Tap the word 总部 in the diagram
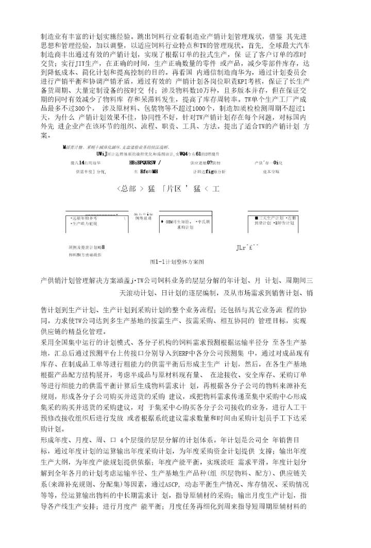pos(127,189)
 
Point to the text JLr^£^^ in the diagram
pos(247,248)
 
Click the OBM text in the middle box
pos(170,221)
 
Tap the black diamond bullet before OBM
pos(162,221)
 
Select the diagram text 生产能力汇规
pos(84,224)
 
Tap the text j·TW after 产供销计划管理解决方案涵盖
pos(138,280)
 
